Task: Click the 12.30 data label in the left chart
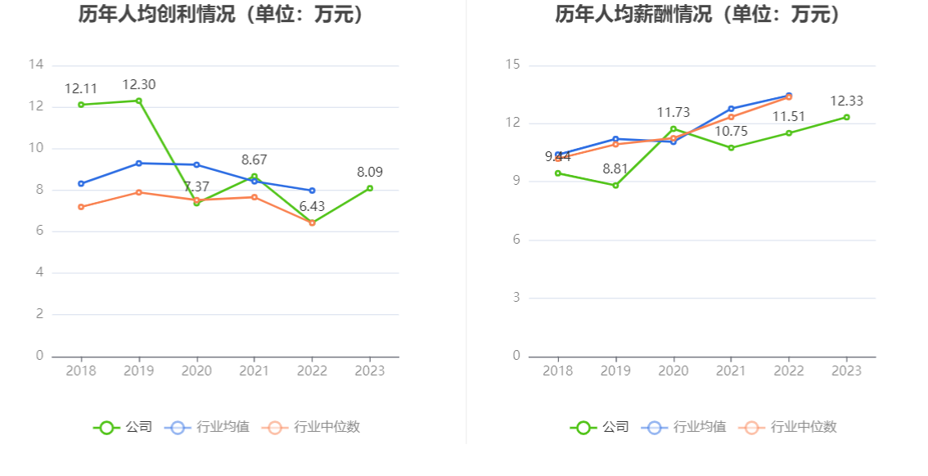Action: coord(139,84)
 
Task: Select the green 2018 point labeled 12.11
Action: coord(81,105)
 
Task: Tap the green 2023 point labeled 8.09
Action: coord(370,188)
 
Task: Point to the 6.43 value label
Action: coord(312,207)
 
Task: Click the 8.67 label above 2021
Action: coord(255,159)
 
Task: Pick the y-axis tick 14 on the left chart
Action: coord(35,65)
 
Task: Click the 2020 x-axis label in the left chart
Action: coord(196,370)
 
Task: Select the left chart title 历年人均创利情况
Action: coord(221,14)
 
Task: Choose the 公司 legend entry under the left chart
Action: coord(124,427)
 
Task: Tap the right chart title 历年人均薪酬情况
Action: coord(698,14)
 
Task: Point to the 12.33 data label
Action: coord(846,101)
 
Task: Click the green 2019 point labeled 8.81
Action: coord(615,185)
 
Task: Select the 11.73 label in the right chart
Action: coord(673,112)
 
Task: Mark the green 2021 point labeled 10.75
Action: coord(731,148)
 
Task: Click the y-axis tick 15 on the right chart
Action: coord(512,65)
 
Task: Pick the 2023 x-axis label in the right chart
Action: coord(846,370)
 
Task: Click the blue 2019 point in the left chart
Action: coord(139,164)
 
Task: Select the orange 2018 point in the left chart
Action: coord(81,207)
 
